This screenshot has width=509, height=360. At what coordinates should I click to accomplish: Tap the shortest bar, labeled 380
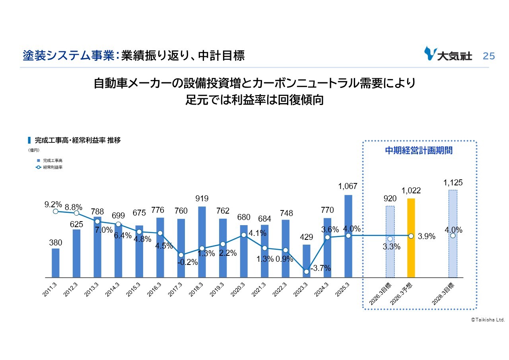(x=56, y=263)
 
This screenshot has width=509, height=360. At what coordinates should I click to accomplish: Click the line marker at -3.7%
(x=306, y=272)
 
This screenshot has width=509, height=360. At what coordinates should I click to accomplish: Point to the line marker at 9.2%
(x=56, y=211)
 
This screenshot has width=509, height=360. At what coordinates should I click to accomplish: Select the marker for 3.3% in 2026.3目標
(x=390, y=239)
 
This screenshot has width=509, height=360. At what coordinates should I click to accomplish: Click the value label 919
(x=202, y=198)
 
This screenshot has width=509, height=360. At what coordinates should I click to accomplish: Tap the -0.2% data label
(x=188, y=262)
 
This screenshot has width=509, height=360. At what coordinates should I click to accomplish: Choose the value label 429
(x=306, y=237)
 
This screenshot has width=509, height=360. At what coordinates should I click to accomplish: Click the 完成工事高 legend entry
(x=49, y=160)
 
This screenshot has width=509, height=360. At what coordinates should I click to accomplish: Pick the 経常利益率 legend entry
(x=49, y=167)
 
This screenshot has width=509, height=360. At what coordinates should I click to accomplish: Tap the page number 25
(x=489, y=56)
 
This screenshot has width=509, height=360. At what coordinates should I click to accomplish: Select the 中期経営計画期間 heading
(x=419, y=151)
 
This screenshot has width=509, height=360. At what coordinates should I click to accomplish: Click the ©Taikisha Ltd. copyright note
(x=488, y=319)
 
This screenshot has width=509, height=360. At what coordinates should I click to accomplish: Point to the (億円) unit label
(x=33, y=150)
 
